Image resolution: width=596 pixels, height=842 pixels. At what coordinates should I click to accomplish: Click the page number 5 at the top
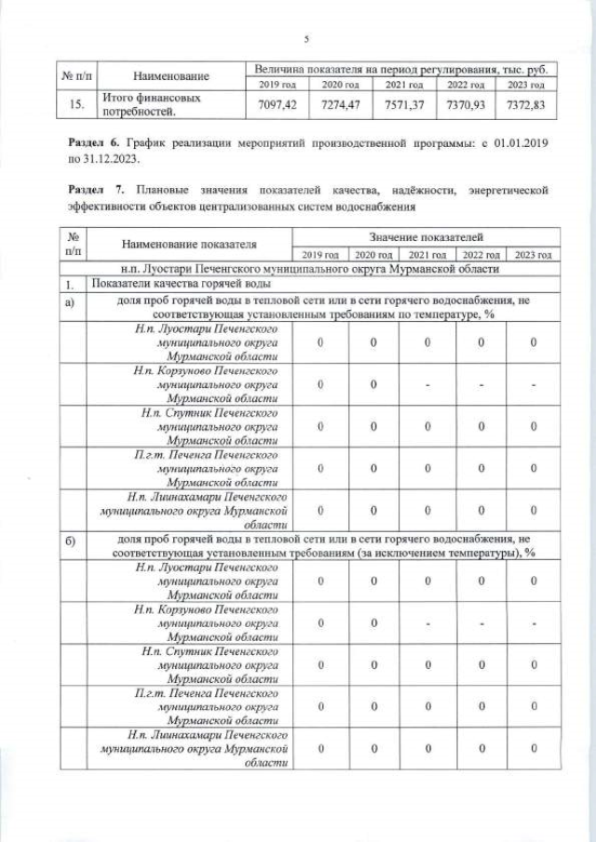(305, 38)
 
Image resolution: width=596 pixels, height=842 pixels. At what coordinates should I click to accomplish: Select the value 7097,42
(277, 104)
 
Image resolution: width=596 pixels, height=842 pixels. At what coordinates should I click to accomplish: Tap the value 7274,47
(341, 104)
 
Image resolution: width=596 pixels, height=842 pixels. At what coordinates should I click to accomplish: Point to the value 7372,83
(526, 104)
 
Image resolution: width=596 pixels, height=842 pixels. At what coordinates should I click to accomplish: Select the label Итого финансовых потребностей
(130, 104)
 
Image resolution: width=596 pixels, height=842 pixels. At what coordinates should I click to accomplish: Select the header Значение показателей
(427, 238)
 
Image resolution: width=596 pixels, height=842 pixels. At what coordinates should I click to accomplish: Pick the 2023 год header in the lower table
(534, 254)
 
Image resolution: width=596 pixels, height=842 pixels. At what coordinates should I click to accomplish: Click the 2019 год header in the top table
(277, 86)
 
